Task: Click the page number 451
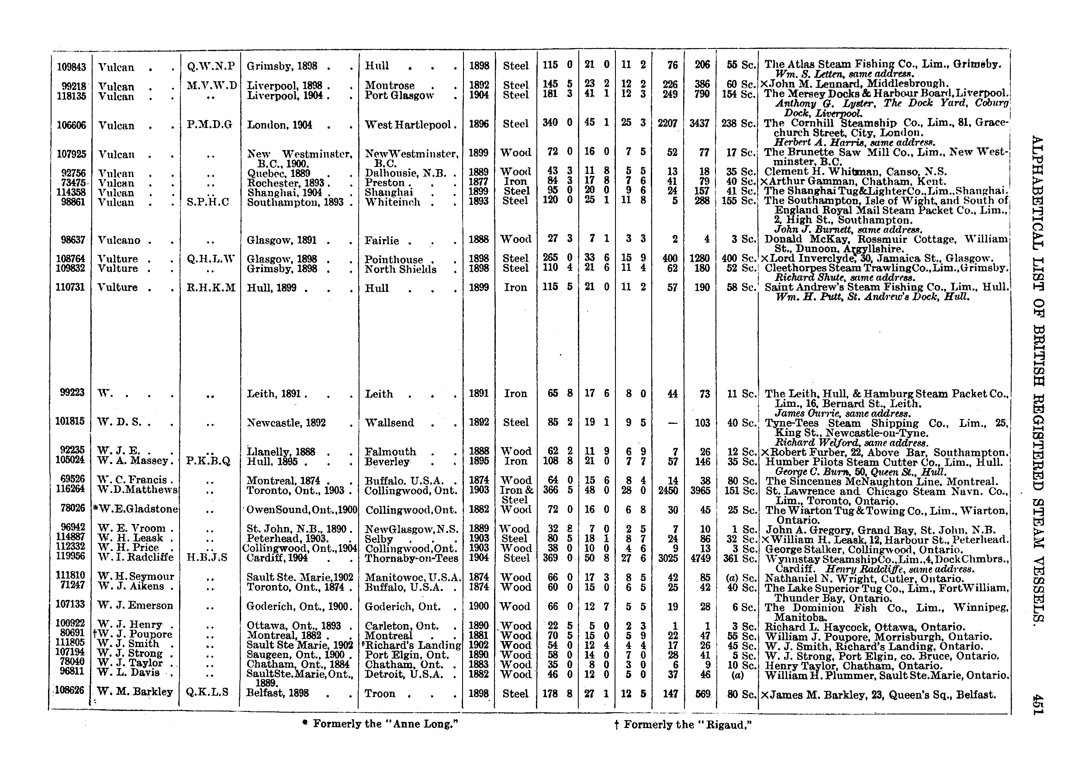[x=1038, y=704]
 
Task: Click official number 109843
[x=72, y=67]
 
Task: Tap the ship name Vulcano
[x=119, y=239]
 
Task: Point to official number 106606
[x=72, y=125]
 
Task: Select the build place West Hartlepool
[x=408, y=125]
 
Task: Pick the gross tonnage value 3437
[x=699, y=123]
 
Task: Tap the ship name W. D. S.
[x=120, y=423]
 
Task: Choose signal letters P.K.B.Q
[x=209, y=461]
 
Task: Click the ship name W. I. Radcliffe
[x=135, y=557]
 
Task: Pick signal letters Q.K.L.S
[x=208, y=692]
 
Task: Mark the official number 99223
[x=72, y=392]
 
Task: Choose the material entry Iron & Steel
[x=515, y=495]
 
